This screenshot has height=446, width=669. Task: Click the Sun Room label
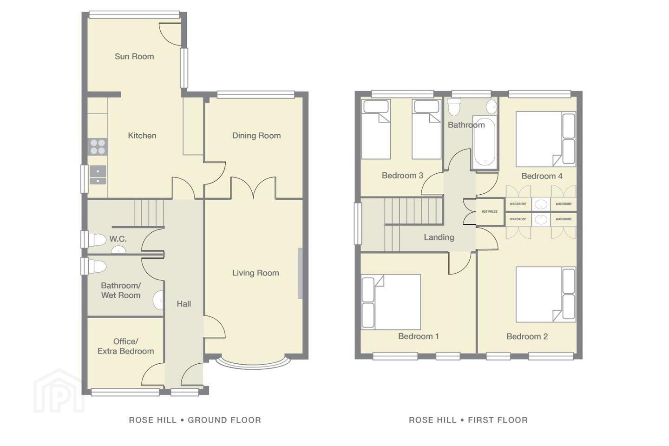pos(134,57)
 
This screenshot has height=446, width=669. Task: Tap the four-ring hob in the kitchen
pos(98,147)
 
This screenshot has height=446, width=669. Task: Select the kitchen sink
pos(98,175)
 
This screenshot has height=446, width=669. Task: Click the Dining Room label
pos(256,136)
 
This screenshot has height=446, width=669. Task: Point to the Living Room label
pos(256,273)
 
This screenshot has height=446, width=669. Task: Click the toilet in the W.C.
pos(97,240)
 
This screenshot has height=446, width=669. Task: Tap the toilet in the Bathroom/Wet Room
pos(97,266)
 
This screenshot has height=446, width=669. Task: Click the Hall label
pos(184,304)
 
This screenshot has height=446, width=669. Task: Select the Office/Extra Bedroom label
pos(126,346)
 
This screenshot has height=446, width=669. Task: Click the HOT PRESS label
pos(490,211)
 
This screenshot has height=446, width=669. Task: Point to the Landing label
pos(439,237)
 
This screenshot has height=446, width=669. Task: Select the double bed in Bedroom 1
pos(391,302)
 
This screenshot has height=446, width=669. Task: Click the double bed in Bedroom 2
pos(545,295)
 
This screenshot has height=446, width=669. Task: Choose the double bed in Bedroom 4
pos(545,139)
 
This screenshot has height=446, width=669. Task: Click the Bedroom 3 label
pos(403,175)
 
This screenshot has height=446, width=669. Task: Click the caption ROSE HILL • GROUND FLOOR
pos(195,420)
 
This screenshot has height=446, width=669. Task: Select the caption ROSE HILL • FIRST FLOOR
pos(468,420)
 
